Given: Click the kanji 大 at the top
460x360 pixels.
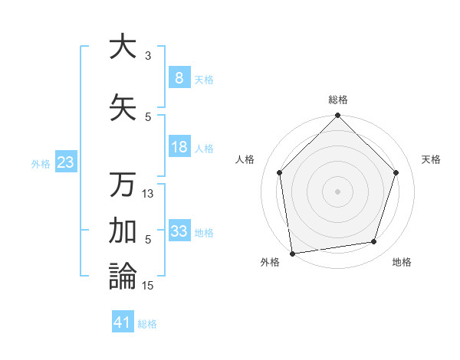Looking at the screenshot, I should (x=122, y=47).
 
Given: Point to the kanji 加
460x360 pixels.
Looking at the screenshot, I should (x=122, y=231).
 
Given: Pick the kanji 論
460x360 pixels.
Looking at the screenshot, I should (x=122, y=277).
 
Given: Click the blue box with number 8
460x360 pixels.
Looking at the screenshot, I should (x=179, y=77).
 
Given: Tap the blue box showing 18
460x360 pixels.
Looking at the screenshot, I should (x=179, y=147).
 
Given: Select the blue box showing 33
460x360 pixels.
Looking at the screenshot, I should (x=179, y=231).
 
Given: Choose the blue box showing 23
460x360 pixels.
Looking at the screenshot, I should (x=65, y=162).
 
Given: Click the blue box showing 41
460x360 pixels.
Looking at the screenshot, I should (x=123, y=322).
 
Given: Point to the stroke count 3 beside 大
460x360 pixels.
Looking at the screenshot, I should (x=148, y=56).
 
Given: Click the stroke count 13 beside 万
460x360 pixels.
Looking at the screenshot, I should (x=148, y=194).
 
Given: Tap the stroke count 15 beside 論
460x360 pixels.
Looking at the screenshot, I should (x=148, y=285).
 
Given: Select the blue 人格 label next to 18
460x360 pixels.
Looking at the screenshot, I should (x=204, y=148).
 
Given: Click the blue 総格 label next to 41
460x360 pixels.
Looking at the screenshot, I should (x=147, y=324).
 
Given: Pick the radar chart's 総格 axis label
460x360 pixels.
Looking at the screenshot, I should (x=337, y=100).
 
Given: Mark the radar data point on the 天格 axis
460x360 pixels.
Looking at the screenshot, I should (x=396, y=172).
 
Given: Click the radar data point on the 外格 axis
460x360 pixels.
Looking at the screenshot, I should (x=292, y=253).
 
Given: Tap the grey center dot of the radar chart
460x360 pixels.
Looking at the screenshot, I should (x=337, y=191).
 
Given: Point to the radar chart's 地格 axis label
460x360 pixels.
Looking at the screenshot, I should (x=402, y=263).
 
